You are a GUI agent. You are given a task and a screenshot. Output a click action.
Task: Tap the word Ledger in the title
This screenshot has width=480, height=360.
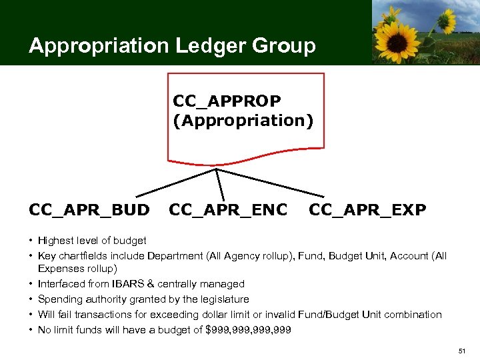(198, 46)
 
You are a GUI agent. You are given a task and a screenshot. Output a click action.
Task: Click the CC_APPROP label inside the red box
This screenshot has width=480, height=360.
(227, 101)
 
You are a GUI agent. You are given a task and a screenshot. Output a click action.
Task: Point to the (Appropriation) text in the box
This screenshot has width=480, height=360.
(243, 121)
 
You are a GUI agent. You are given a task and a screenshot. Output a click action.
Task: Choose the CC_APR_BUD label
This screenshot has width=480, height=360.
(89, 211)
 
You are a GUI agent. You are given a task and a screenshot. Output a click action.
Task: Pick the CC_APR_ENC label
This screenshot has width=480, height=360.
(228, 211)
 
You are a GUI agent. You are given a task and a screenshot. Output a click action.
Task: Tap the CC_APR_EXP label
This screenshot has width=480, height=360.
(367, 211)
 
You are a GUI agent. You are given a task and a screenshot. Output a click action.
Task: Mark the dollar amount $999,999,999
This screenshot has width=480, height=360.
(249, 329)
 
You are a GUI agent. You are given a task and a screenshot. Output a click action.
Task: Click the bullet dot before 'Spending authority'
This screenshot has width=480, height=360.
(31, 299)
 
